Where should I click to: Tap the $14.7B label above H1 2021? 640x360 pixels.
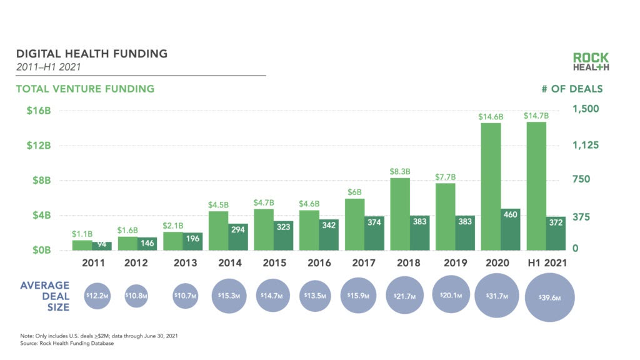point(536,116)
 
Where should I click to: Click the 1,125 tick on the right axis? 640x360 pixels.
point(586,145)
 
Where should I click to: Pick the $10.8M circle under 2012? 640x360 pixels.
point(136,295)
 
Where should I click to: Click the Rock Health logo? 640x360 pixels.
point(590,61)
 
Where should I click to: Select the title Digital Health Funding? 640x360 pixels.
point(92,54)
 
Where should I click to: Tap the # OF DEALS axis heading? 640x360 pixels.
point(572,89)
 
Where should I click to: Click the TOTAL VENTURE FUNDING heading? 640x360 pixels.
point(85,89)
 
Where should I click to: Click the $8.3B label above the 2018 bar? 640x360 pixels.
point(400,171)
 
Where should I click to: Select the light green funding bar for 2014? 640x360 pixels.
point(217,230)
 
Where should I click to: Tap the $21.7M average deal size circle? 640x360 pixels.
point(409,295)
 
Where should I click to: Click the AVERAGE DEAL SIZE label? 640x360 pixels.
point(45,296)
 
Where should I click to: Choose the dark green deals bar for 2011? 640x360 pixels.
point(102,246)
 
